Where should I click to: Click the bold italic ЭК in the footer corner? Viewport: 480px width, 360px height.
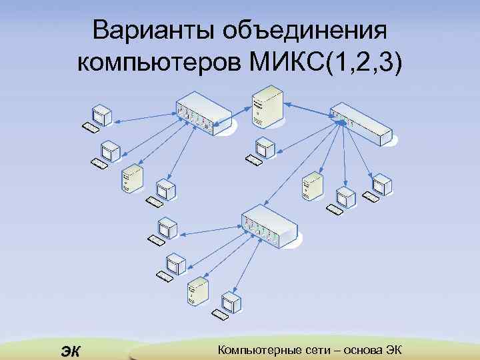pos(69,349)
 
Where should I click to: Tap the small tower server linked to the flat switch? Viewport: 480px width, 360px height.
pos(311,185)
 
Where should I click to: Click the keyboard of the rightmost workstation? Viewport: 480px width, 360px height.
pos(371,196)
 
